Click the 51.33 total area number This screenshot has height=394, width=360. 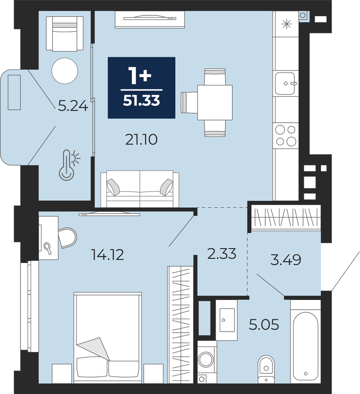[142, 101]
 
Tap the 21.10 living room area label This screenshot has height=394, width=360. [142, 140]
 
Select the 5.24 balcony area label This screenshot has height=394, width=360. [73, 106]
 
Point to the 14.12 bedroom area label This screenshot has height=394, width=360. [108, 255]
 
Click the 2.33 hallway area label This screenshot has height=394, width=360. [222, 253]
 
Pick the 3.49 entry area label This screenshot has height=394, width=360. [286, 260]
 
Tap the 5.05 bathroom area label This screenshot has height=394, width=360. [264, 325]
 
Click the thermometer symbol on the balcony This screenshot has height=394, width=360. [69, 165]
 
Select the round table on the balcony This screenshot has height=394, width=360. [65, 70]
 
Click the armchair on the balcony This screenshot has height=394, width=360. [65, 34]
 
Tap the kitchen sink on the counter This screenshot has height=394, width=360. [285, 83]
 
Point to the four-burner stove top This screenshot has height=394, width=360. [286, 136]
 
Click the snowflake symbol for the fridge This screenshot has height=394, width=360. [286, 24]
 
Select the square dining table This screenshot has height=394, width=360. [215, 103]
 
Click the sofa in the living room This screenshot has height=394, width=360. [140, 189]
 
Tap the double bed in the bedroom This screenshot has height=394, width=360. [108, 338]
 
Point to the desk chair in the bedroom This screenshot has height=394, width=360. [67, 238]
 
